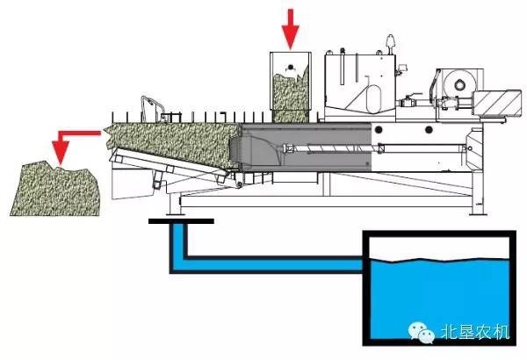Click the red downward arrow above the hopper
point(290,26)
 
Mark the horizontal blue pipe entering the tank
point(272,262)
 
